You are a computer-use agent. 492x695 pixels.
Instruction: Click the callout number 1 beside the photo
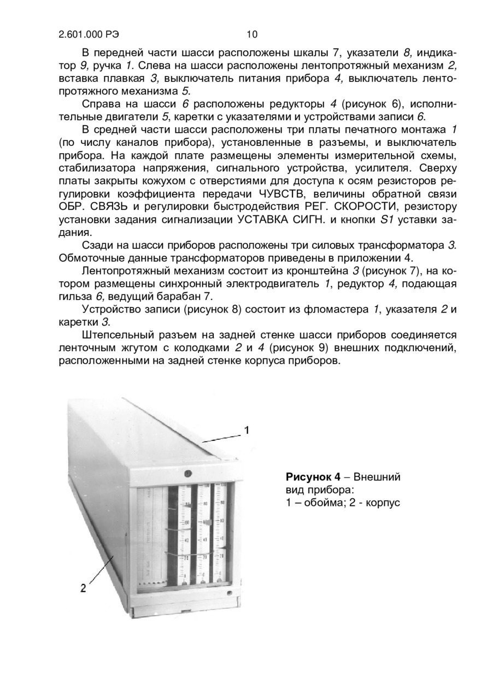coord(247,431)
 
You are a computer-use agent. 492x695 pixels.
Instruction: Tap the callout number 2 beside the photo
coord(83,588)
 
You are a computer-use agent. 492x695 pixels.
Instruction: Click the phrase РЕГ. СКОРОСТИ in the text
coord(350,207)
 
